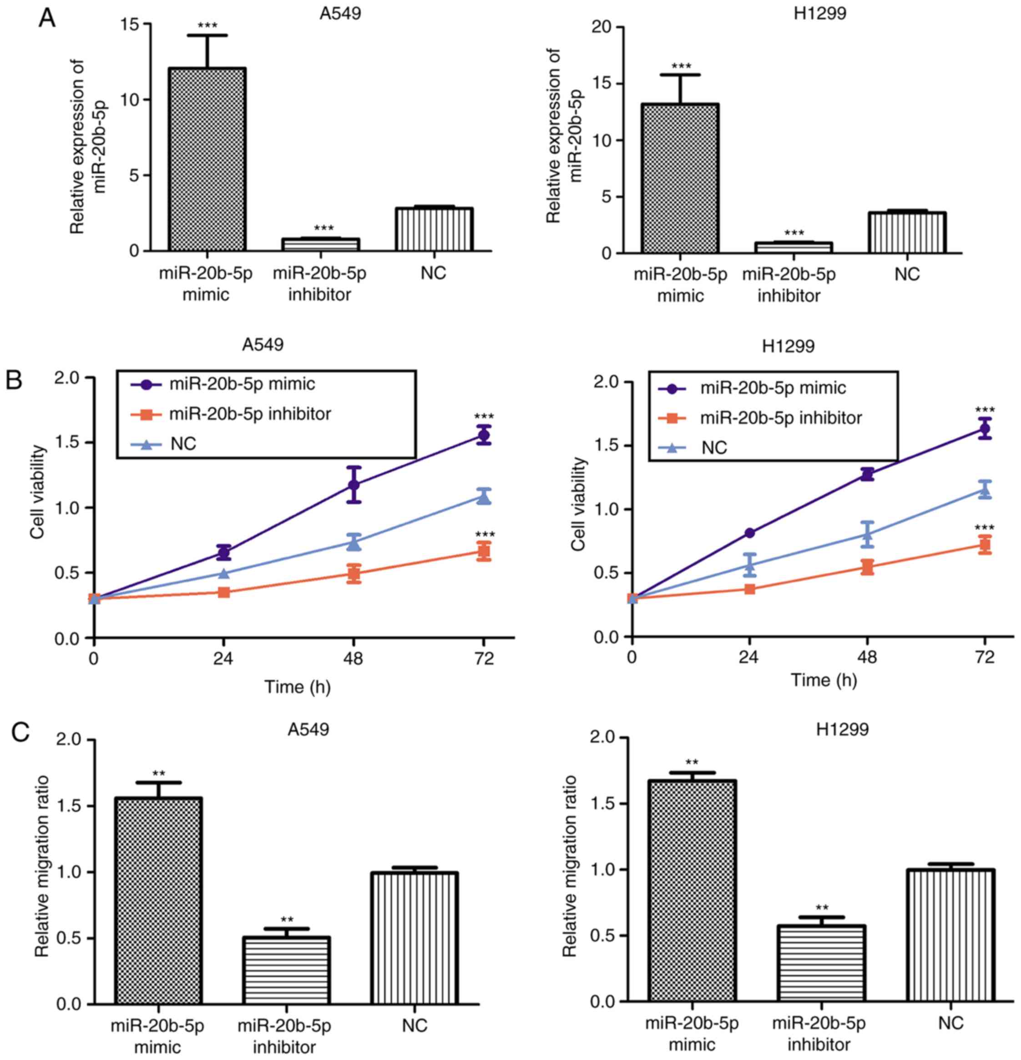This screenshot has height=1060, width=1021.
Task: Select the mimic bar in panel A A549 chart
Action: (x=207, y=159)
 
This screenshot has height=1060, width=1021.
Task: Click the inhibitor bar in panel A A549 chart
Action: (x=321, y=244)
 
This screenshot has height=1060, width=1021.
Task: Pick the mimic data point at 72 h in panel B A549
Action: (x=484, y=435)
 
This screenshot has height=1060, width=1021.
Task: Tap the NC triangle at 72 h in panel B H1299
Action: (x=985, y=490)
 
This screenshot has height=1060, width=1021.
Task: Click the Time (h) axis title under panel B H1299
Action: (x=824, y=680)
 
